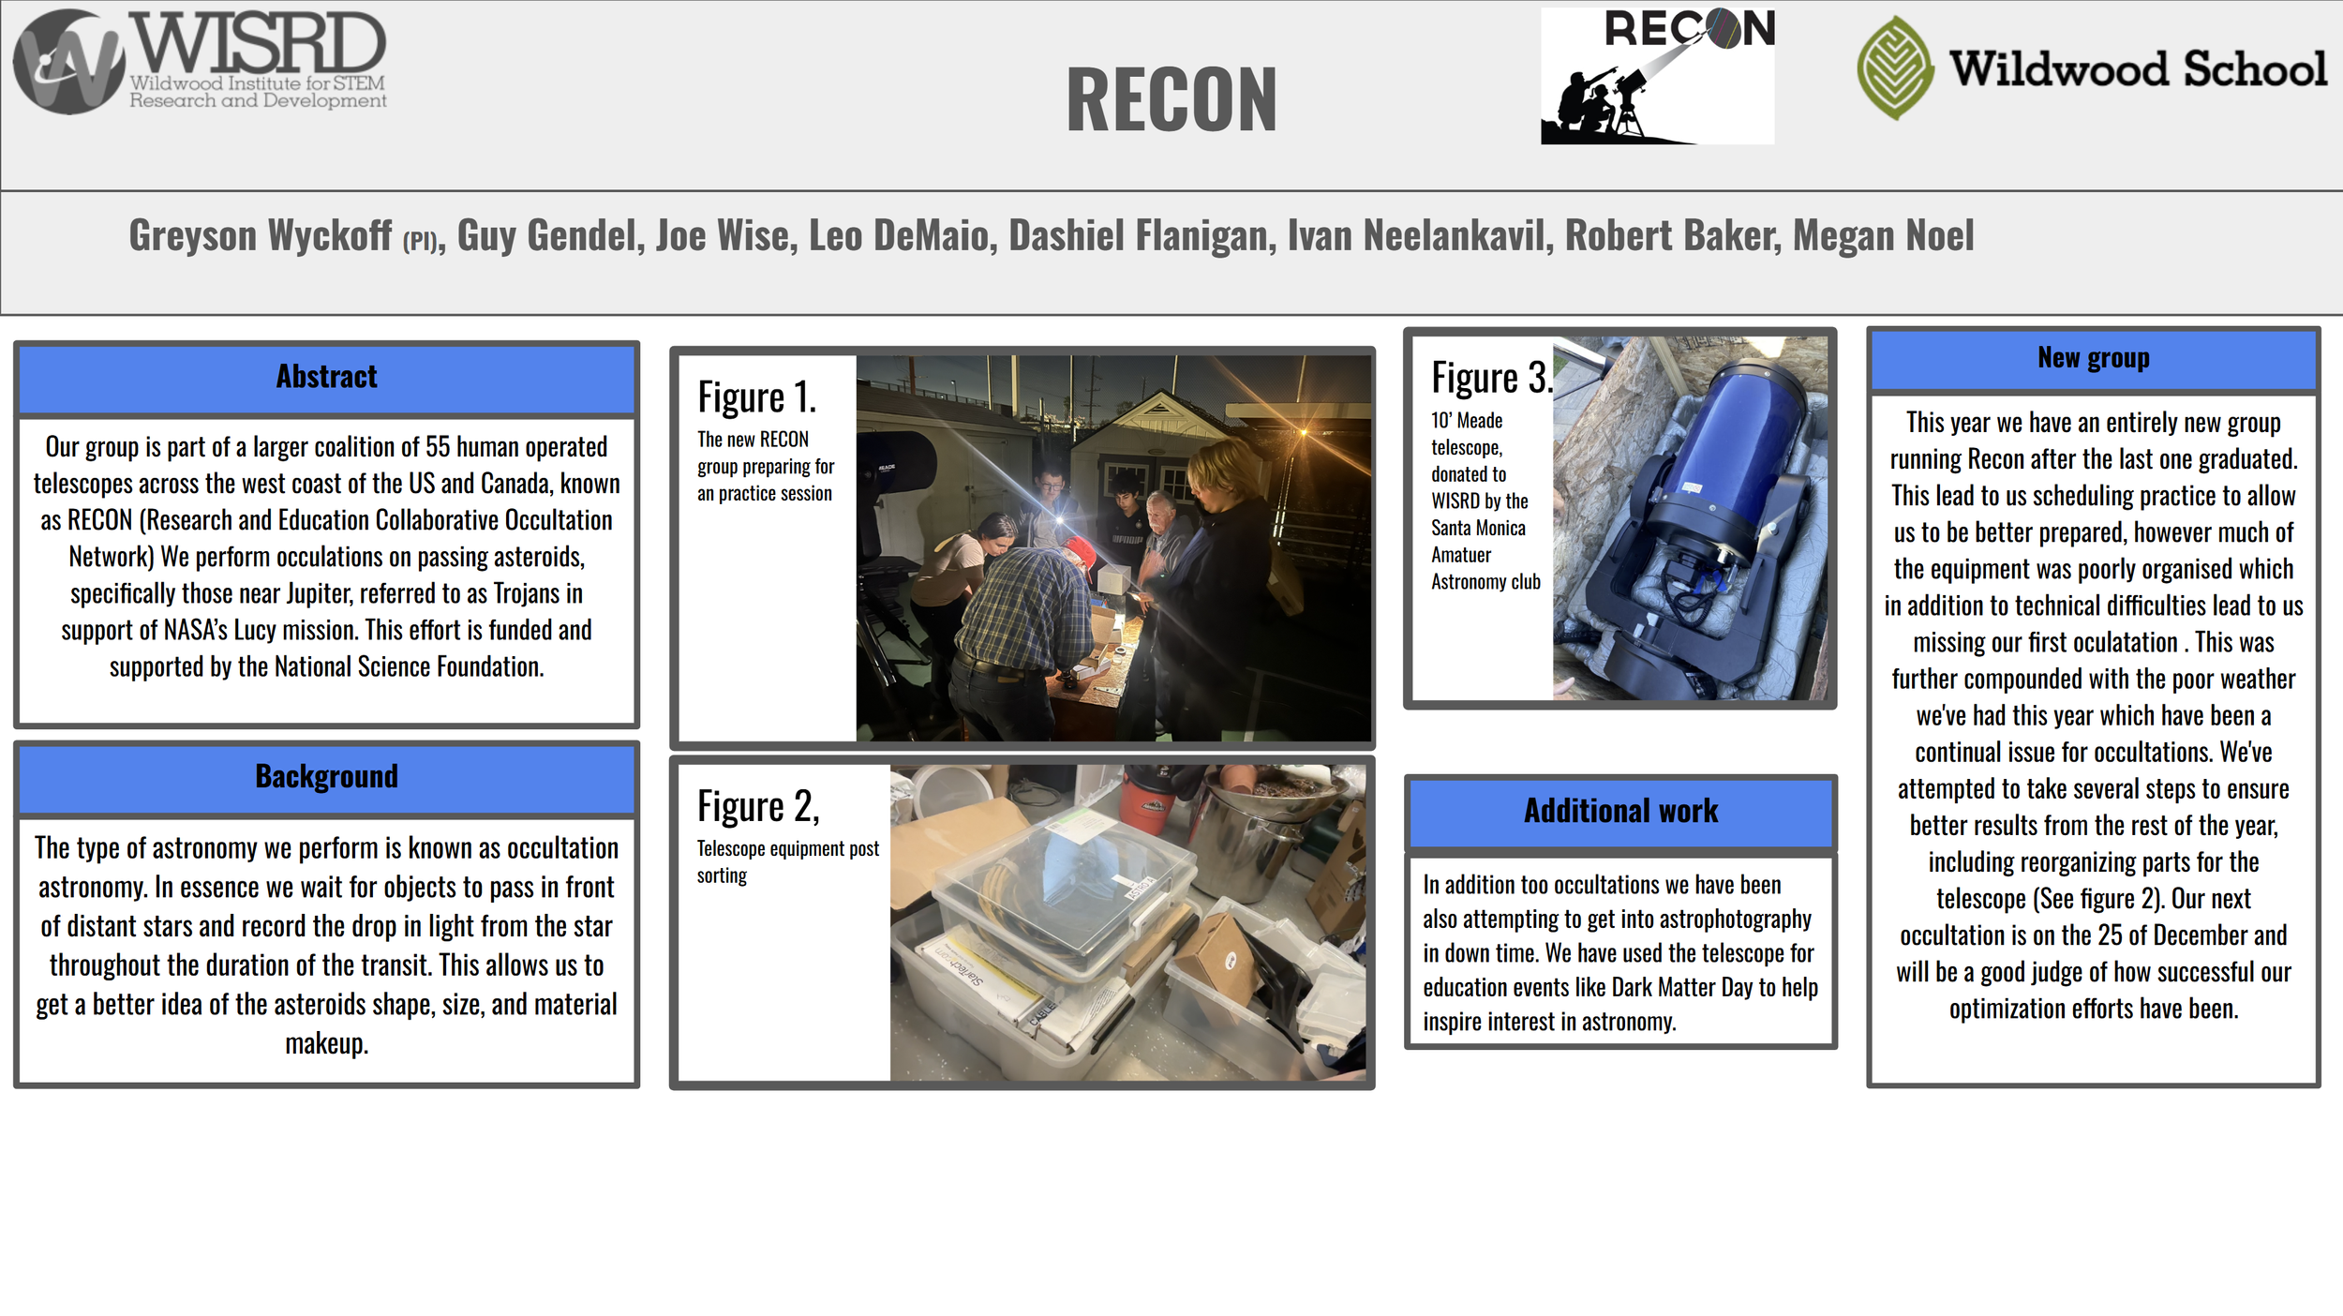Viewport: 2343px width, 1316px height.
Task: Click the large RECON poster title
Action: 1171,99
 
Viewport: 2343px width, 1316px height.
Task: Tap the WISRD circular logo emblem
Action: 69,62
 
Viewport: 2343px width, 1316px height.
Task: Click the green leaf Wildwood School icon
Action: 1895,67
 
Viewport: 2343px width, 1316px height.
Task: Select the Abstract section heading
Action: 326,377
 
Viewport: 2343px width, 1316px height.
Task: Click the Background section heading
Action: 326,776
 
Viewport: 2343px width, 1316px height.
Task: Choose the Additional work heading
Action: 1620,811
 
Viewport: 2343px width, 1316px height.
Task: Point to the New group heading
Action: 2093,357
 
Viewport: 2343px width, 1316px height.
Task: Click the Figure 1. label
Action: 757,397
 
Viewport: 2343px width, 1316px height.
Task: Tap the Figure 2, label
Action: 758,806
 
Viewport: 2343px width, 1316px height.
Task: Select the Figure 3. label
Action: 1492,378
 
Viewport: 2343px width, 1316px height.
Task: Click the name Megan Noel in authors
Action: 1883,235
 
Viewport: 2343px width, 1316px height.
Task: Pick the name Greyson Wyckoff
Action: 261,235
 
